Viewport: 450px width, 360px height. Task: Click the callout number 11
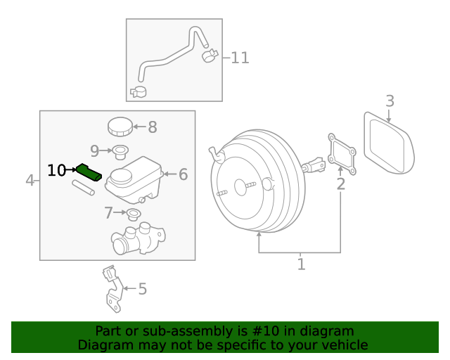point(240,58)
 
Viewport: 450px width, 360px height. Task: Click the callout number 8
point(152,127)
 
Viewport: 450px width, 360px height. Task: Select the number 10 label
point(57,170)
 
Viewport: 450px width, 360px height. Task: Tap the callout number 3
point(390,101)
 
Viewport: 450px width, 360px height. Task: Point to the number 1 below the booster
point(301,264)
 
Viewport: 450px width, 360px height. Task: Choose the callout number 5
point(142,288)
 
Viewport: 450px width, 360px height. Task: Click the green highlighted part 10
point(90,172)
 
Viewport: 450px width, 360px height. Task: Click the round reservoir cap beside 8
point(120,127)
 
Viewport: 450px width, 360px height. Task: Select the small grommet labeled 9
point(120,150)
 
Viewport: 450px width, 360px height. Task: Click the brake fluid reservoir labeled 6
point(134,179)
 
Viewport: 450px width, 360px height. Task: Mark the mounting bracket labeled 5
point(111,288)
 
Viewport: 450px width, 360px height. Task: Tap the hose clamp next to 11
point(210,55)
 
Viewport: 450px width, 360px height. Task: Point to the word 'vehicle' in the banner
point(344,345)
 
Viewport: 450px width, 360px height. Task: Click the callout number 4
point(30,181)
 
